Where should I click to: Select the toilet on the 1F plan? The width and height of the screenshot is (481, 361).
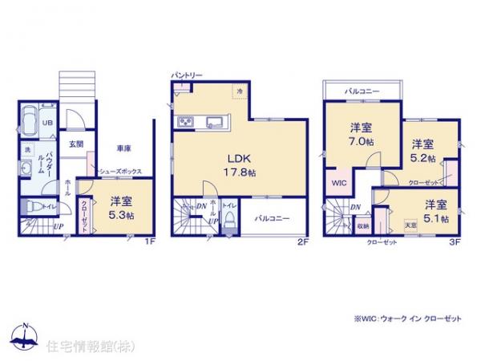(30, 206)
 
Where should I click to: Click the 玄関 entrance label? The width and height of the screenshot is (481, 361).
(75, 144)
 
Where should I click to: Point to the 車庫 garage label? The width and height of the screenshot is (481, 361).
(124, 148)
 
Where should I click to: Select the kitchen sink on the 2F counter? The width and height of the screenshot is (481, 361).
(216, 122)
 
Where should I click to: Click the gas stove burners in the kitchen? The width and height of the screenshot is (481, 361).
(184, 122)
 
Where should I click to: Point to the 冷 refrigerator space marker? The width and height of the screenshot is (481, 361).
(240, 93)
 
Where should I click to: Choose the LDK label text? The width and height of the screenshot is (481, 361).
(240, 157)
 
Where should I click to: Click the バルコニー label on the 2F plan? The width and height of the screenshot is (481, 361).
(273, 217)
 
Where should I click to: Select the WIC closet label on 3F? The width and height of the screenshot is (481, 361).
(338, 182)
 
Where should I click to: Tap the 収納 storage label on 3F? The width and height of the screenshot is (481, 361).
(363, 226)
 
